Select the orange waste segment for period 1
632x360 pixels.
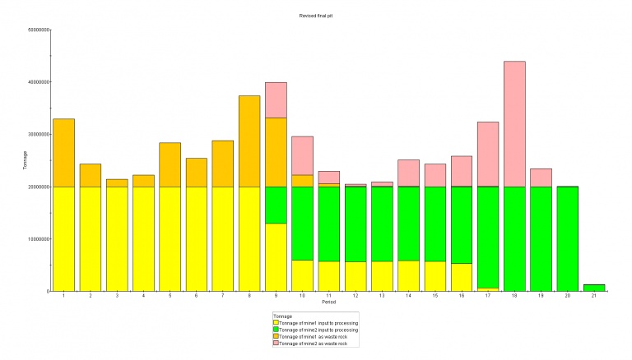pyautogui.click(x=63, y=153)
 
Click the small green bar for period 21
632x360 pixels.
pyautogui.click(x=594, y=288)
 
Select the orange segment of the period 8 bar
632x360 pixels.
pyautogui.click(x=249, y=141)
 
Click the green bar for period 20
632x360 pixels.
pyautogui.click(x=568, y=238)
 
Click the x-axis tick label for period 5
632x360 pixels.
pyautogui.click(x=170, y=297)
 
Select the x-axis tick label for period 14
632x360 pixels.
pyautogui.click(x=408, y=297)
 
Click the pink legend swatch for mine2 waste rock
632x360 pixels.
pyautogui.click(x=276, y=344)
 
